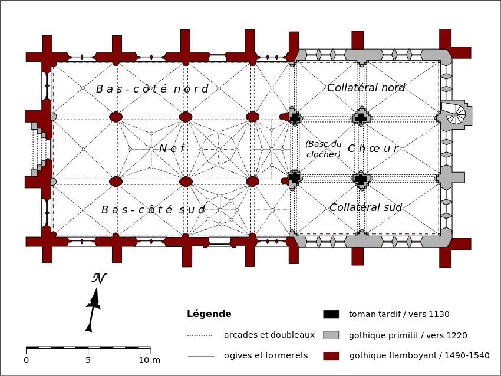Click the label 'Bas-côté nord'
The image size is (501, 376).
pos(152,89)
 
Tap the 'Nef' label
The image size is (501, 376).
pos(172,149)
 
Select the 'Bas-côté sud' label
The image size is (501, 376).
pos(153,210)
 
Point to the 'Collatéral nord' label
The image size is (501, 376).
pos(366,88)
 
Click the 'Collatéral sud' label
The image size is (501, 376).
pos(365,207)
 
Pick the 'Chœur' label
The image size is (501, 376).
pos(373,149)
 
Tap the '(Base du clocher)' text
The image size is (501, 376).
pos(324,149)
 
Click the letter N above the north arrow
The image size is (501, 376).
pos(98,278)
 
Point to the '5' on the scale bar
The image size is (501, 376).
pos(88,360)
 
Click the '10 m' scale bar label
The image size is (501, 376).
pos(149,360)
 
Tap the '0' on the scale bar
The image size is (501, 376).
pos(26,360)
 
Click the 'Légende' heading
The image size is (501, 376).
pos(209,314)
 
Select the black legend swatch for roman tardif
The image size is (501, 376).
pos(331,314)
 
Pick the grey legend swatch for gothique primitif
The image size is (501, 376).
pos(331,335)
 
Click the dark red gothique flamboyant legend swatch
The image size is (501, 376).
pos(331,355)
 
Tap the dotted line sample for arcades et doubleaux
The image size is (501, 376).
pos(199,335)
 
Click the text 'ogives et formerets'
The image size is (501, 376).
pos(266,355)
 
